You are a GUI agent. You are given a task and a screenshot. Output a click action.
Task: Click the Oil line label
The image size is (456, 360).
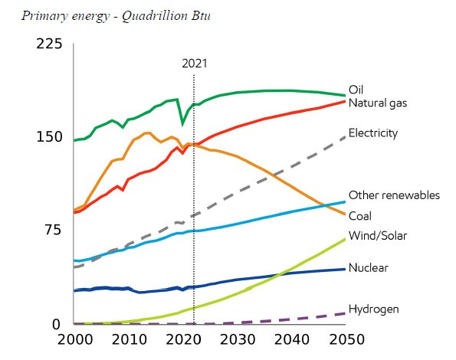pos(356,90)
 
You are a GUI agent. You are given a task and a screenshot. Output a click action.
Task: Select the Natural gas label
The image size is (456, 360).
pos(378,103)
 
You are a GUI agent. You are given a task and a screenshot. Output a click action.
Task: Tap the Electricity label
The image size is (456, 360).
pos(373,133)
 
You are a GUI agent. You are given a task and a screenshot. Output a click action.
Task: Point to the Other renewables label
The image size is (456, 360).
pos(394,195)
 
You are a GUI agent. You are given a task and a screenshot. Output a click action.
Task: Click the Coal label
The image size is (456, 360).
pos(360,216)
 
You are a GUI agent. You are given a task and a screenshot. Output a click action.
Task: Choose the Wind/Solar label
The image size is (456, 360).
pos(378,235)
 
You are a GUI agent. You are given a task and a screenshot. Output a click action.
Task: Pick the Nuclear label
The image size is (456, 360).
pos(368,267)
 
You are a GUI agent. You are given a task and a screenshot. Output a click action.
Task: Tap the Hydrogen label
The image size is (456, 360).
pos(374,309)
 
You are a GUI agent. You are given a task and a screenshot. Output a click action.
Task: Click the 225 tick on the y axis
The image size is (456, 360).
pos(49,44)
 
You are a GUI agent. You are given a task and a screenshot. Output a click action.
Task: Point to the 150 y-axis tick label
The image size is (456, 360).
pos(49,137)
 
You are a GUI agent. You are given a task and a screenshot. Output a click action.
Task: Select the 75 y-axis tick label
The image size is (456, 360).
pos(54,230)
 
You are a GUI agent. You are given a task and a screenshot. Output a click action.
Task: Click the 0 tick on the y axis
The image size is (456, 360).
pos(56,324)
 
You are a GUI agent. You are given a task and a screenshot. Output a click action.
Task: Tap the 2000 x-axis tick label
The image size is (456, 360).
pos(75,339)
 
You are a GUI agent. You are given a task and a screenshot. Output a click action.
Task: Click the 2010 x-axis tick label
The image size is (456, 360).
pos(130,339)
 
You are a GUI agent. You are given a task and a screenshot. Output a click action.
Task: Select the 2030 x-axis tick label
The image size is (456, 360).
pos(238,339)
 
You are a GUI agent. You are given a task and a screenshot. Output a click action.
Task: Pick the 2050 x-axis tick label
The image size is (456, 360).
pos(346,339)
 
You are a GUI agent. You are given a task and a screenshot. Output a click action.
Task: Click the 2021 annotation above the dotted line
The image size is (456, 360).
pos(195,64)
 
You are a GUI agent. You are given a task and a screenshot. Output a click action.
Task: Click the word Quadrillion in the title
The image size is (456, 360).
pos(154,16)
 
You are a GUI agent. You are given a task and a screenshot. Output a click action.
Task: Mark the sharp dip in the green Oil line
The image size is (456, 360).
pos(182,125)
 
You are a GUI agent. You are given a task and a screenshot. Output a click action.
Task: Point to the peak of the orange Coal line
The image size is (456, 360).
pos(147,133)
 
